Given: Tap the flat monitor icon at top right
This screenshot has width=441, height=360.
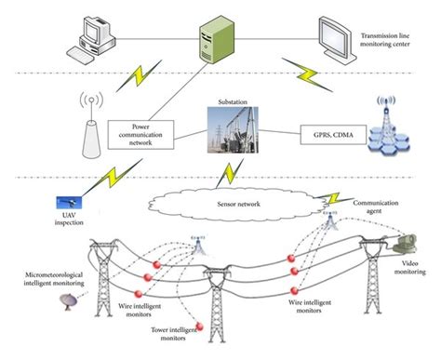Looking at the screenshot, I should (x=333, y=35).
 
